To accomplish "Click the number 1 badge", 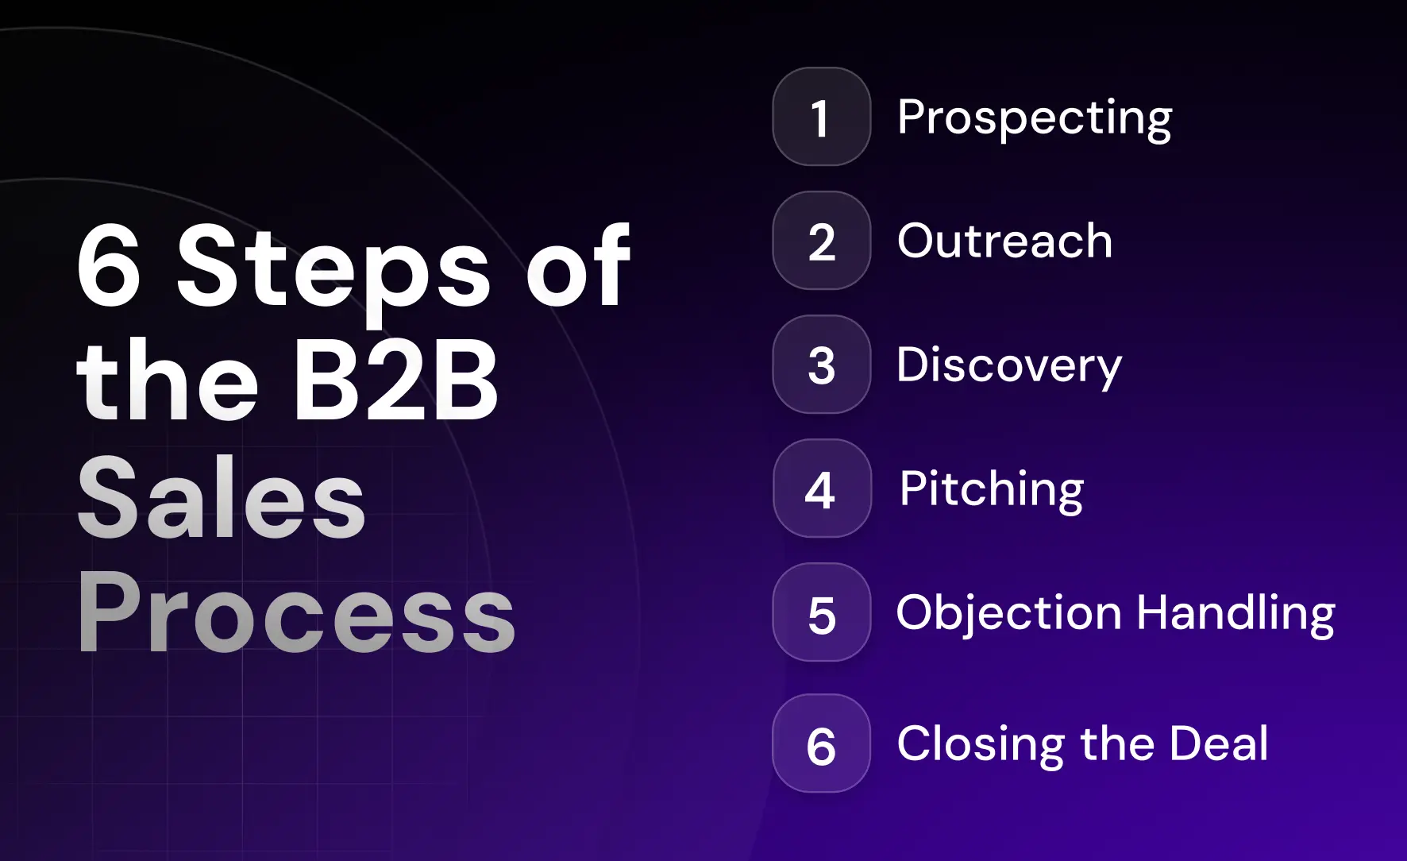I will [821, 117].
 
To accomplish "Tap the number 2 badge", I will [821, 241].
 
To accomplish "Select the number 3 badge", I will [821, 365].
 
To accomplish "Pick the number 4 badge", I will [821, 488].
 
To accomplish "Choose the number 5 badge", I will [821, 612].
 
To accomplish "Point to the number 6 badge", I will [821, 744].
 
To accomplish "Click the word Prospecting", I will [1034, 118].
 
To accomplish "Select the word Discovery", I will [1008, 366].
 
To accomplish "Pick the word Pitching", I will [991, 489].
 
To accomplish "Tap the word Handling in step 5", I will [1235, 614].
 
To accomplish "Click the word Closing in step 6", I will [980, 745].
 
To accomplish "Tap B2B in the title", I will [395, 381].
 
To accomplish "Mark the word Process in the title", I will [296, 613].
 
